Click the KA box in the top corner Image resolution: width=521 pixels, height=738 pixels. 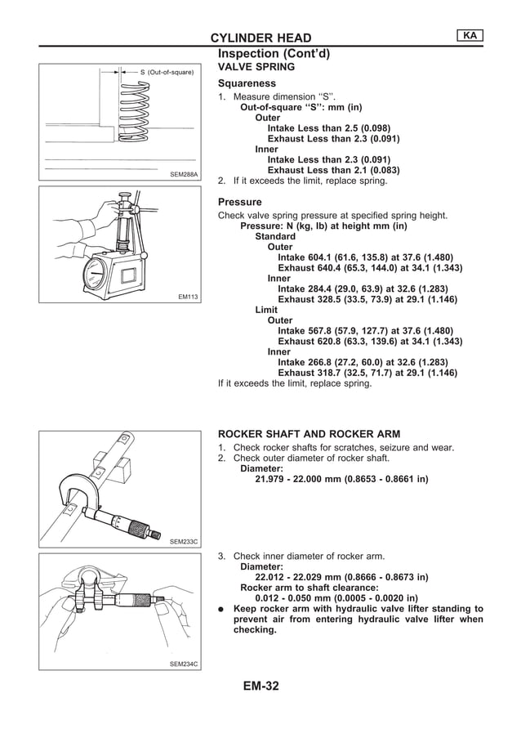pos(468,36)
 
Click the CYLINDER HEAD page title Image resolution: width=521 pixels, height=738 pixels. pos(260,38)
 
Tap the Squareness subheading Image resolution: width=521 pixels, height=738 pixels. pos(247,83)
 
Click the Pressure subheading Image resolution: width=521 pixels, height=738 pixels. pos(240,202)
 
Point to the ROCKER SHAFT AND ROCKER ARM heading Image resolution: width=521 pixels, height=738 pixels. pos(309,433)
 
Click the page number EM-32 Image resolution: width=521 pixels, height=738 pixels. pos(260,686)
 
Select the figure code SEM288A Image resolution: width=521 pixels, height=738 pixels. pos(184,173)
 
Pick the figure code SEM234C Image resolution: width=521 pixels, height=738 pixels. pos(184,664)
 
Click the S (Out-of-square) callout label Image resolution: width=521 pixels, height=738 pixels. pos(167,73)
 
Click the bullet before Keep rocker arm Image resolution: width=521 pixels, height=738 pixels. pos(221,609)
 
